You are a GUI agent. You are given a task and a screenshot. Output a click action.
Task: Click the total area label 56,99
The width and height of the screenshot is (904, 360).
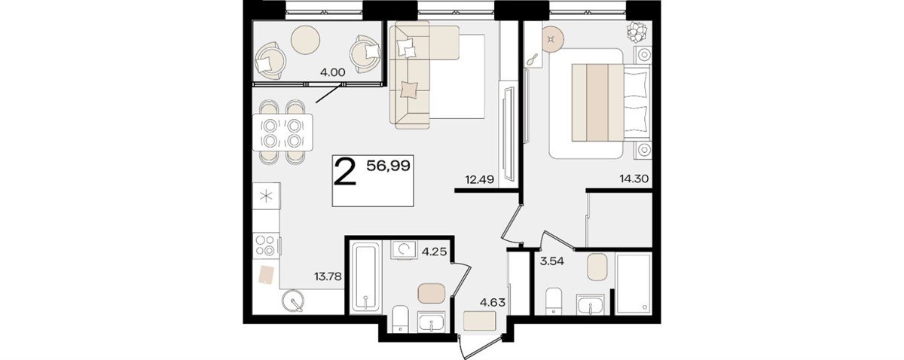pos(388,166)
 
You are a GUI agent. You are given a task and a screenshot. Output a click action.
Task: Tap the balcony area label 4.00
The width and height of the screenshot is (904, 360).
pos(332,73)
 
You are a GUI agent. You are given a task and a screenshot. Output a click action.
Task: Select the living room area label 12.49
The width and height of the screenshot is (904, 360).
pos(479,179)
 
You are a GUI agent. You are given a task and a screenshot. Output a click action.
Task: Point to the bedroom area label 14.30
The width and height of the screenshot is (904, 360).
pos(634,178)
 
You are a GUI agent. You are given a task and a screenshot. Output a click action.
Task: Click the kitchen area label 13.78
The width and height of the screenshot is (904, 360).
pos(328,277)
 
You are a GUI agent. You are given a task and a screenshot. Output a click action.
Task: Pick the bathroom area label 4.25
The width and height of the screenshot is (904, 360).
pos(434,252)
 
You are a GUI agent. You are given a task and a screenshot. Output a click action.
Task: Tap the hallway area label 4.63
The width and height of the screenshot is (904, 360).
pos(493,302)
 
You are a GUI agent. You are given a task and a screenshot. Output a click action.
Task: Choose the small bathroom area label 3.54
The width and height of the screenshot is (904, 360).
pos(552,261)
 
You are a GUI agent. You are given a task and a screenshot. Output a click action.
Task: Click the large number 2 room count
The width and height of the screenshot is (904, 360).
pos(346,172)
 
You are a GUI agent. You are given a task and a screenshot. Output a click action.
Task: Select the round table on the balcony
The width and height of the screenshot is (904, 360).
pos(306,40)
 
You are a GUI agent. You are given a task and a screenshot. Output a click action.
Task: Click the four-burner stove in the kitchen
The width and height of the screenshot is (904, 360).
pos(265,246)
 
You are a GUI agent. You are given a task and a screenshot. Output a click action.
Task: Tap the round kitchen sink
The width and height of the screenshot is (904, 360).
pos(292,301)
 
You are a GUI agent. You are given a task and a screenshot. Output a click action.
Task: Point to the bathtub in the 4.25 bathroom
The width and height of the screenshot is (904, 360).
pos(366,276)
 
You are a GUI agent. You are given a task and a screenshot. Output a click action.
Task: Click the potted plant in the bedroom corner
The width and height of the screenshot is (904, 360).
pos(639,32)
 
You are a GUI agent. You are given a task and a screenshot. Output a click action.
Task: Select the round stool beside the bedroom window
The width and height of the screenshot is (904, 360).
pos(552,39)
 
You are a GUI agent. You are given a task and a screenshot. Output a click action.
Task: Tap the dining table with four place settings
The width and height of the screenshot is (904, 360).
pos(282,133)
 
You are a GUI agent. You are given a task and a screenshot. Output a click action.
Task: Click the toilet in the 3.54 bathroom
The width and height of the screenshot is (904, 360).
pos(552,301)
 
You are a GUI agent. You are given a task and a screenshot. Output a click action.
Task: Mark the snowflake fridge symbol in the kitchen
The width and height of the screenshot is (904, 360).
pos(266,196)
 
